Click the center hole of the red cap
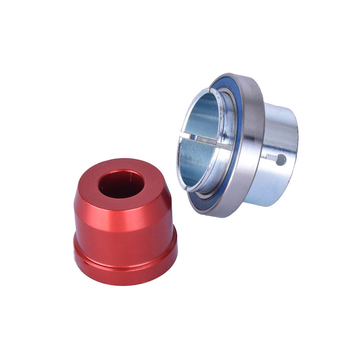121,184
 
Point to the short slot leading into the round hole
271,158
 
